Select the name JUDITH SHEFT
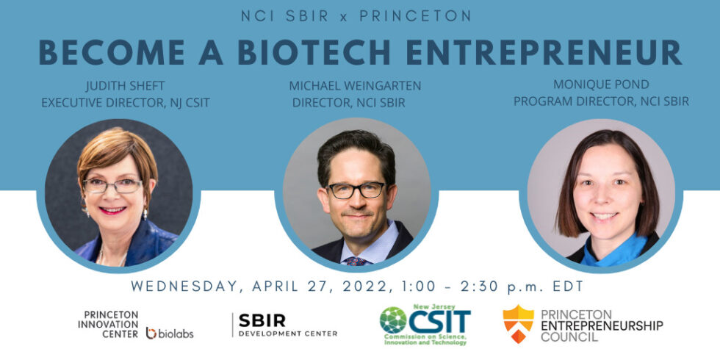pos(126,87)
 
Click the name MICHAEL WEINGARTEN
pos(355,87)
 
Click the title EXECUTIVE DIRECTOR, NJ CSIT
pos(126,103)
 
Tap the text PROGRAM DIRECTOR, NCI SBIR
pos(601,101)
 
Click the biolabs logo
pos(170,333)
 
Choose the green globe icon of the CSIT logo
pos(393,320)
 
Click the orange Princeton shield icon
pos(518,324)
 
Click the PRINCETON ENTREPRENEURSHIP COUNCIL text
pos(601,325)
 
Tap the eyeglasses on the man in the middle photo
pos(356,190)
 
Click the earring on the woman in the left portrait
pos(145,213)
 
